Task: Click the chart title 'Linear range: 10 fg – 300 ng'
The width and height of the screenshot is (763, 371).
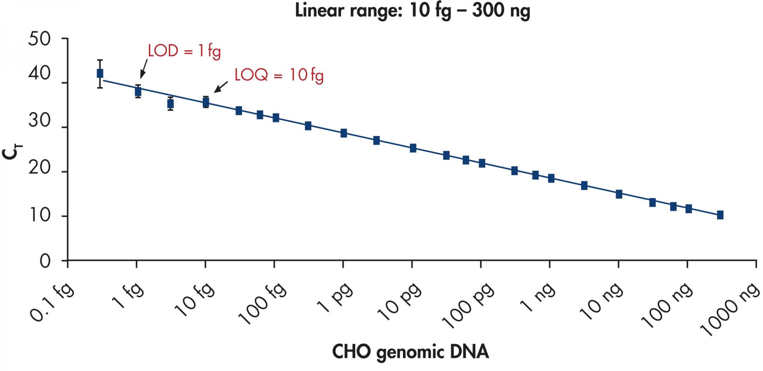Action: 412,11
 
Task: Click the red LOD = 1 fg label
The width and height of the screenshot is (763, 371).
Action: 184,51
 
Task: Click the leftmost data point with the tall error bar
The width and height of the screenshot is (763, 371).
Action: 100,74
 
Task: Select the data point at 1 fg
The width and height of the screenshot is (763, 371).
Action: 138,91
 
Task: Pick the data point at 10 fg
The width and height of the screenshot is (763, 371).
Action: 205,102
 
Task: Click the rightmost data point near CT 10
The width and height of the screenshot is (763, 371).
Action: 720,215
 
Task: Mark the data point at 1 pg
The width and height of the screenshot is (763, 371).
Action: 344,133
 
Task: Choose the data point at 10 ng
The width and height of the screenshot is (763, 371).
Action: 619,194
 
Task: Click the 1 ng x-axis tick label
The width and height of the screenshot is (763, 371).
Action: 539,298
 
